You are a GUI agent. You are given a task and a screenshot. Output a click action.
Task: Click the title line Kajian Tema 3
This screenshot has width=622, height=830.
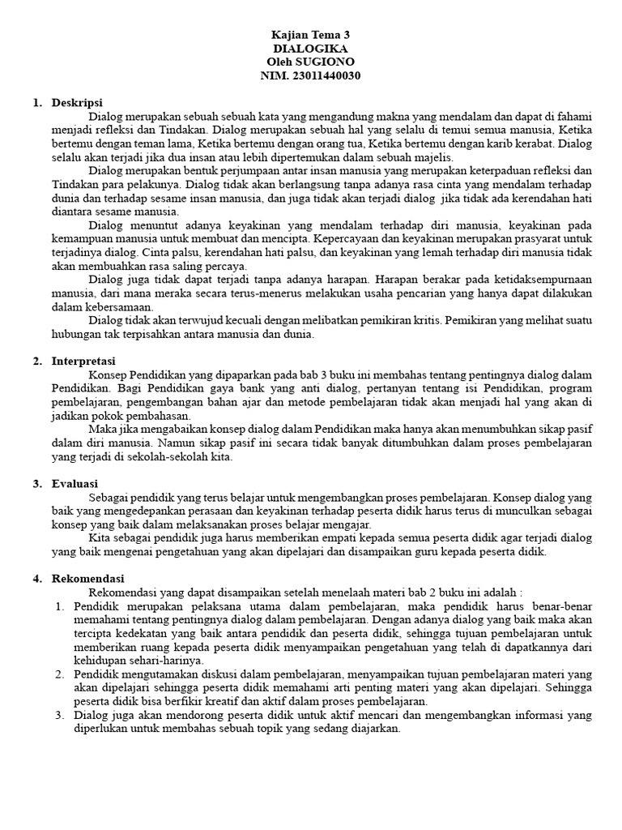(x=310, y=35)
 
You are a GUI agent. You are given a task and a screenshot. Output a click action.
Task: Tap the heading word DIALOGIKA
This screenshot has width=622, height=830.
(x=310, y=49)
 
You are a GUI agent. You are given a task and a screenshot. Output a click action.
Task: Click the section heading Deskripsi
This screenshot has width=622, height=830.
(x=77, y=103)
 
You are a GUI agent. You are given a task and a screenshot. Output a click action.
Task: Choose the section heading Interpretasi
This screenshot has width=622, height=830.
(x=84, y=360)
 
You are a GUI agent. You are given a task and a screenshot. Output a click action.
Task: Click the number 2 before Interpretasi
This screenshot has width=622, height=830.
(x=36, y=360)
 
